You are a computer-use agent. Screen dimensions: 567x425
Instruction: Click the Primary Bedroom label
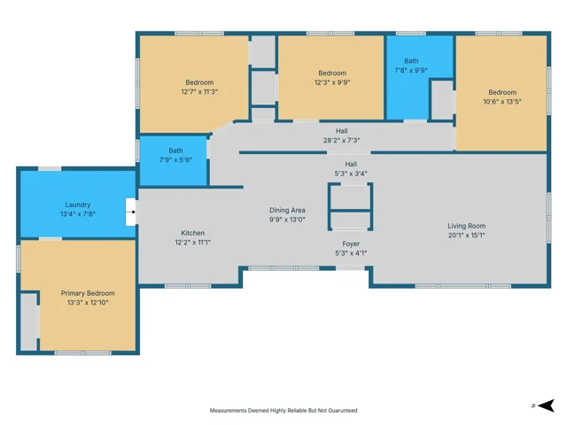pos(88,293)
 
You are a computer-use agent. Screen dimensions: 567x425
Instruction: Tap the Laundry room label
pos(78,205)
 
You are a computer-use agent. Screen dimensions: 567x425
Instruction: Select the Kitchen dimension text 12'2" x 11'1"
pos(193,242)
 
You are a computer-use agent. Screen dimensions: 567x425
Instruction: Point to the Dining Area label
pos(287,210)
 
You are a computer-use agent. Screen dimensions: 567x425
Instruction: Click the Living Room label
pos(467,226)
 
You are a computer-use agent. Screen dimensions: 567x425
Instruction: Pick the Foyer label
pos(351,244)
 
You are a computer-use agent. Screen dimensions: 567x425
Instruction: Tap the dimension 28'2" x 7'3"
pos(342,140)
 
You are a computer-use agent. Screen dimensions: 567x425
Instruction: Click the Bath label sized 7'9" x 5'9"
pos(175,151)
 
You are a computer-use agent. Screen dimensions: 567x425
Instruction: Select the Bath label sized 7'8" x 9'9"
pos(411,61)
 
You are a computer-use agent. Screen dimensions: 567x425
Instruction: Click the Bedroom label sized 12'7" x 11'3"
pos(199,82)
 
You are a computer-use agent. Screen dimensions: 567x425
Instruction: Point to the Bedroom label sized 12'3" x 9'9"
pos(332,73)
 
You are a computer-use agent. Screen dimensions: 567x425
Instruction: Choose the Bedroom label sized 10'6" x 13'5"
pos(502,92)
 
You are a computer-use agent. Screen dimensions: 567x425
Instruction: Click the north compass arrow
pos(546,406)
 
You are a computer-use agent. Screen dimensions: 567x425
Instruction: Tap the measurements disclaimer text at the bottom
pos(283,411)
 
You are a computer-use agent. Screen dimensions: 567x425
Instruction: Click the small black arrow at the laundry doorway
pos(134,212)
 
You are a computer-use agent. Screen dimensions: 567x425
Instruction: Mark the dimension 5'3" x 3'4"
pos(351,174)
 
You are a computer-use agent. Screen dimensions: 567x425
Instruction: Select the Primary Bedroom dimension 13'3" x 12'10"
pos(88,303)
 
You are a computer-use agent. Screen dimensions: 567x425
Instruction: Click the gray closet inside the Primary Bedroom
pos(28,321)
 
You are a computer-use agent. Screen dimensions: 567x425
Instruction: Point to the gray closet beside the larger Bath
pos(442,100)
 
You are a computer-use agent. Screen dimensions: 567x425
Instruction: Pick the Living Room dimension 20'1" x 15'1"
pos(467,236)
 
